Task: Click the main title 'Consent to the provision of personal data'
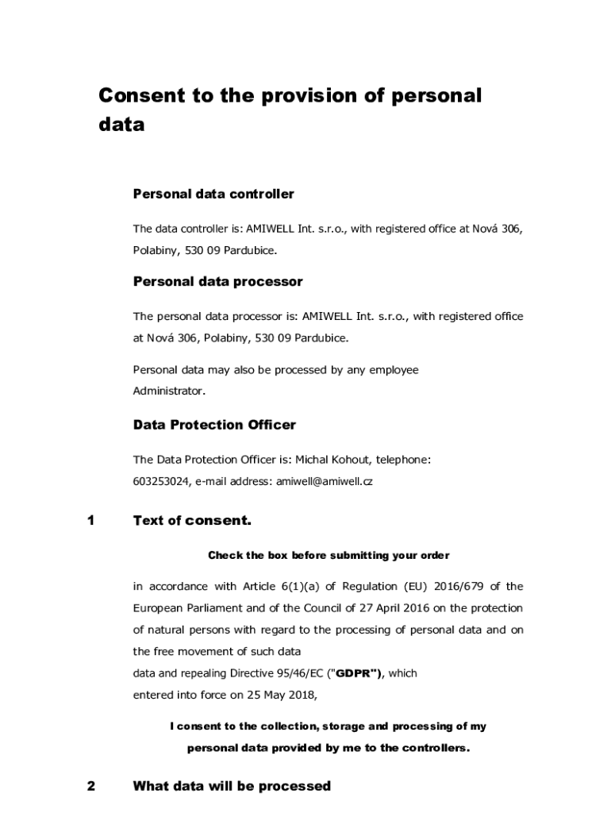290,110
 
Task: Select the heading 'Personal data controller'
213,194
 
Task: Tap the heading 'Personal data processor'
217,282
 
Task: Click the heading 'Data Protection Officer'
214,425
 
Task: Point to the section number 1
91,521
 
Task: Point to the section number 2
91,786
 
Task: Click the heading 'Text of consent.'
192,521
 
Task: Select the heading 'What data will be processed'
232,786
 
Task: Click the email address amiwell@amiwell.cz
324,481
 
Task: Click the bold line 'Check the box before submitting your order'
329,555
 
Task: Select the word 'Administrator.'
169,391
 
